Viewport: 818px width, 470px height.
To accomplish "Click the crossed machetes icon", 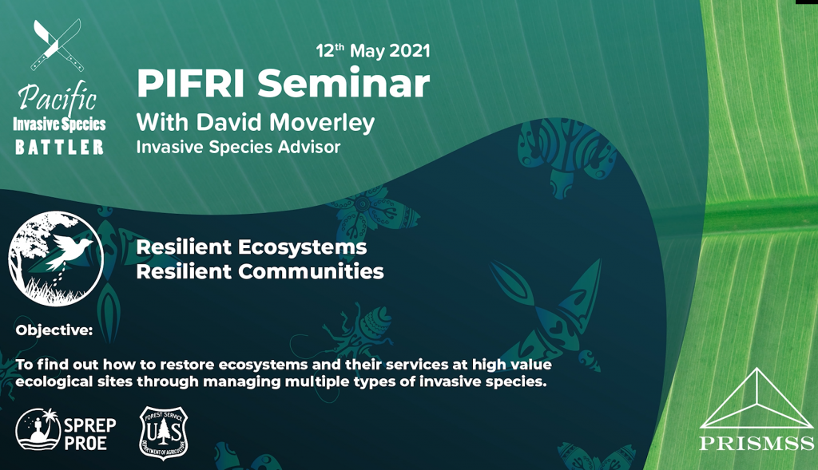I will [x=57, y=45].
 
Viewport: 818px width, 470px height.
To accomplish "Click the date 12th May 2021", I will [x=373, y=51].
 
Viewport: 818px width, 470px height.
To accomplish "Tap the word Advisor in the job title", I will [x=310, y=148].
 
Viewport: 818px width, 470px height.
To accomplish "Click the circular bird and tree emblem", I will [x=56, y=258].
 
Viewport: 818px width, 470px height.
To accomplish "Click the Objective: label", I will [x=54, y=330].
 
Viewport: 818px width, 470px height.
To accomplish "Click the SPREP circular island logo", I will [x=35, y=431].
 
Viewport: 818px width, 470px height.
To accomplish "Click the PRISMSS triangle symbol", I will [x=756, y=399].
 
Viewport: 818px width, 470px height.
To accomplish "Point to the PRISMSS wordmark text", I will [x=756, y=444].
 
